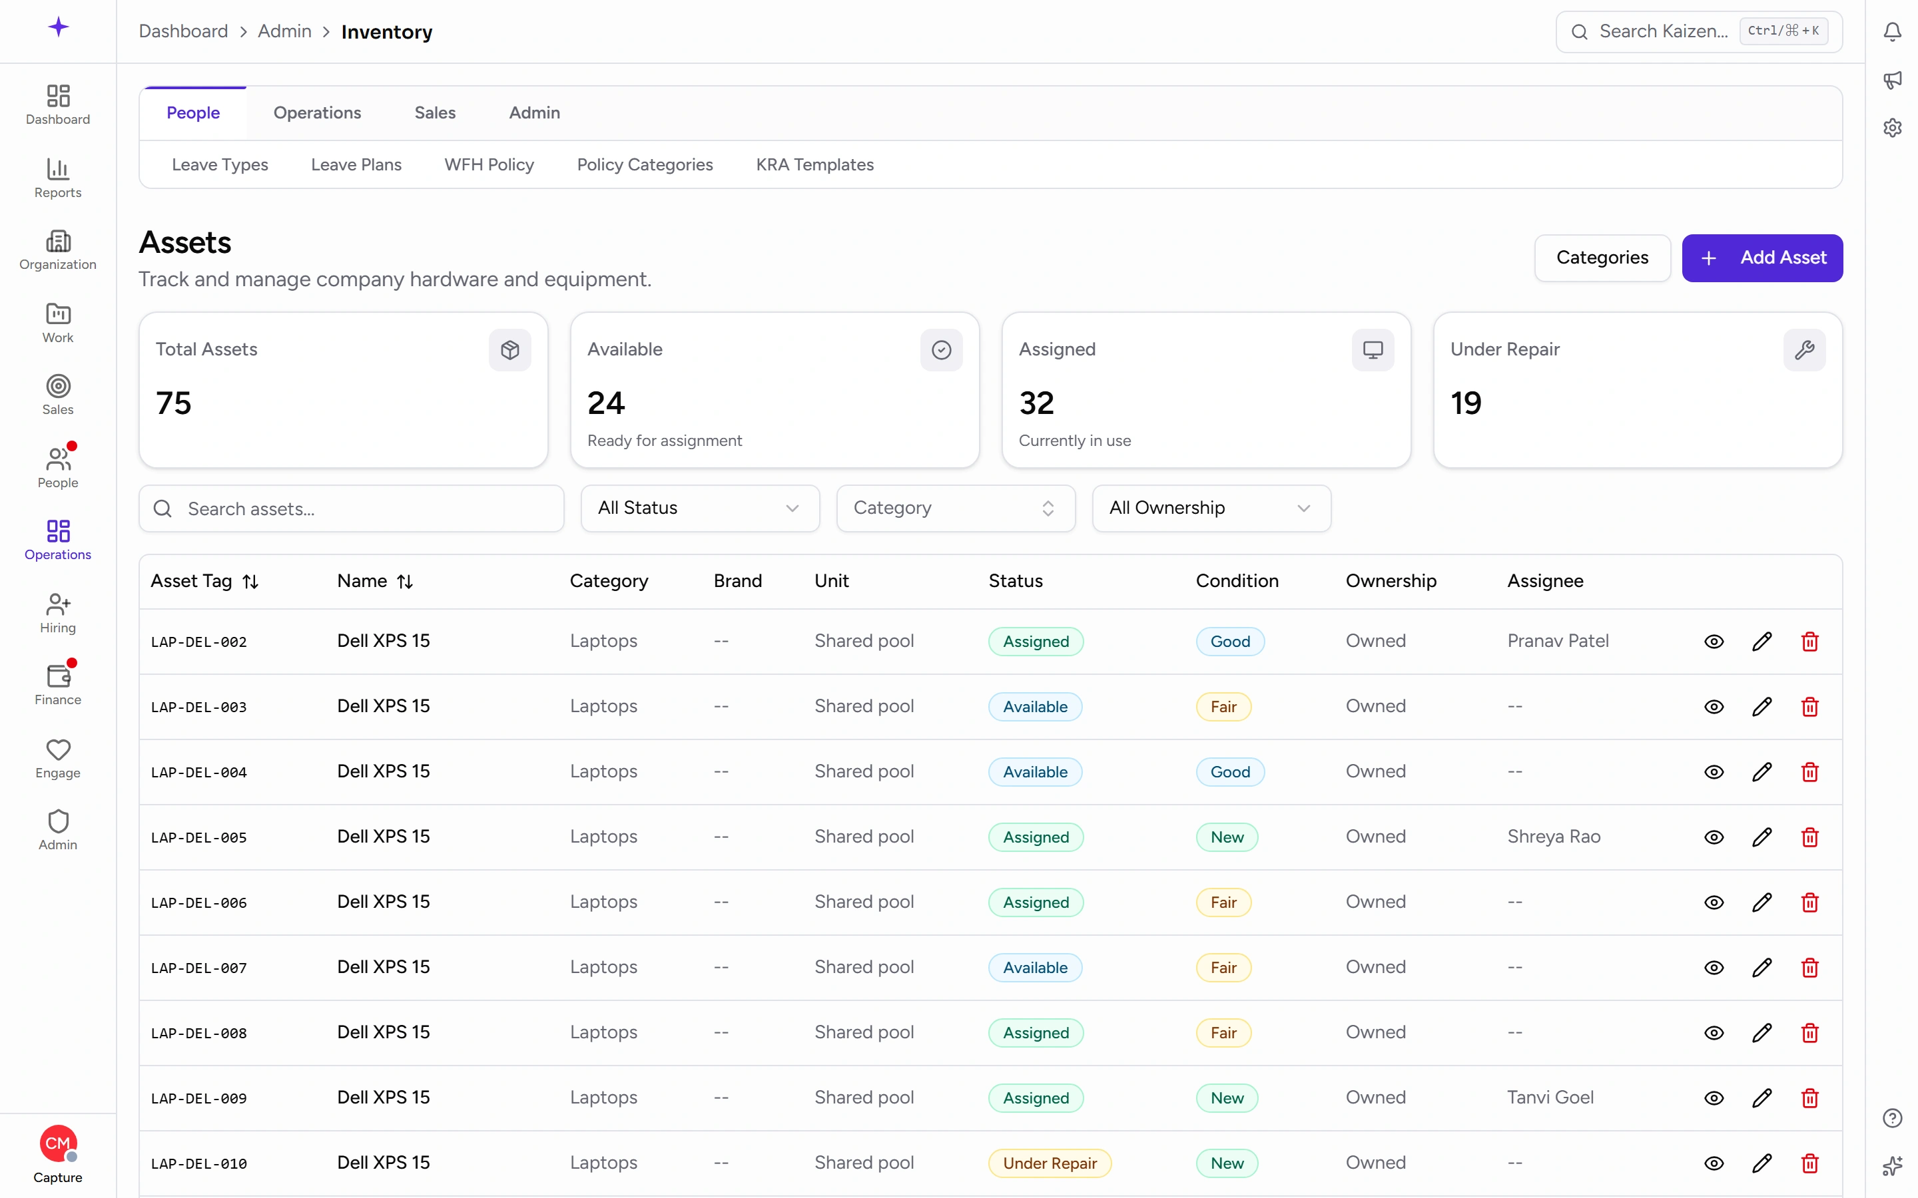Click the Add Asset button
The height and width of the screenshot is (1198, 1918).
[1762, 258]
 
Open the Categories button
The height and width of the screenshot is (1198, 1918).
[1602, 258]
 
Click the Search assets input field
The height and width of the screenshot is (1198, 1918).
[351, 508]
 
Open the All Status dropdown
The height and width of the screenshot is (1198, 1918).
[700, 508]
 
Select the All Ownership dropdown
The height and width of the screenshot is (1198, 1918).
[1211, 508]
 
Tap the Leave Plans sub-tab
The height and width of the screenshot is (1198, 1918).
[356, 165]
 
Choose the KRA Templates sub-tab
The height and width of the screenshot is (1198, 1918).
[814, 165]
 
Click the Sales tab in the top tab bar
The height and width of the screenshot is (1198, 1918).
[435, 112]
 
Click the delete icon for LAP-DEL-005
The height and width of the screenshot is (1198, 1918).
[1809, 837]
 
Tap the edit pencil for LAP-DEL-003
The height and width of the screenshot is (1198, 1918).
[1761, 706]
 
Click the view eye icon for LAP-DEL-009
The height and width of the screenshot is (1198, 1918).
[1714, 1098]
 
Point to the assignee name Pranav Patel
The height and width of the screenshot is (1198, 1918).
[1558, 640]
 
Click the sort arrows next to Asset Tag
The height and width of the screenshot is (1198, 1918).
[250, 582]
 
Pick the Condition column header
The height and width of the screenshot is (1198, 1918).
[1237, 581]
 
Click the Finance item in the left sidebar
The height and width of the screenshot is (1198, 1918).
[58, 684]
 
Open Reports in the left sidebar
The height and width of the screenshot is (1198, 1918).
[58, 178]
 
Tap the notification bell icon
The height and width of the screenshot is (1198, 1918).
[1892, 32]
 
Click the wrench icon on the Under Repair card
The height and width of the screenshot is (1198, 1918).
[1804, 349]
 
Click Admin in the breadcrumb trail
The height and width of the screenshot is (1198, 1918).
[284, 32]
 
